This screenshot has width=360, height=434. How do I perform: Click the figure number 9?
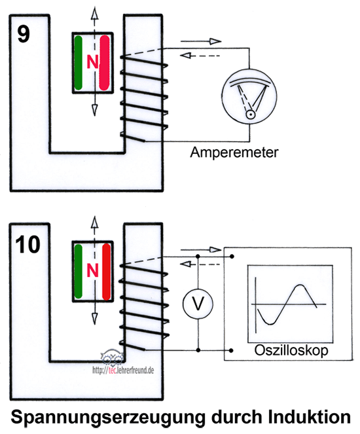tap(24, 34)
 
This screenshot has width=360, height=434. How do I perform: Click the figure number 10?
tap(28, 244)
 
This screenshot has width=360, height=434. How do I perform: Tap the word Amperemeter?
tap(234, 153)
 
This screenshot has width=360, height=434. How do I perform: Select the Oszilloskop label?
tap(291, 350)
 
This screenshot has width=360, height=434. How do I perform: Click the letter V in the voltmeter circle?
tap(198, 303)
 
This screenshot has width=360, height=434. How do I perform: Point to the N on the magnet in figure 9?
tap(92, 62)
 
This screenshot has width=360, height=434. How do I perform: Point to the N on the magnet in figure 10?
tap(92, 270)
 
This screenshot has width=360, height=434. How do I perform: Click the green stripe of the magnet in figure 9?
tap(79, 63)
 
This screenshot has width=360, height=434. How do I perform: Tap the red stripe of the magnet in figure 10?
tap(107, 272)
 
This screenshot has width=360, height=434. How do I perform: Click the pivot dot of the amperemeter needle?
tap(251, 114)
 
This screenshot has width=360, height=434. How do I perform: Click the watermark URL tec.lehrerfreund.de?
tap(123, 370)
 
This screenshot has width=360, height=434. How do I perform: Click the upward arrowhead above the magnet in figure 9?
tap(95, 13)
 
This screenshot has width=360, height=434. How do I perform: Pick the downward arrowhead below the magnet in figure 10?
tap(95, 319)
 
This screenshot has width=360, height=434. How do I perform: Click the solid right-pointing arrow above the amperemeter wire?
tap(201, 41)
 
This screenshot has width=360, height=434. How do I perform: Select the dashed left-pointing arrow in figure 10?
tap(200, 264)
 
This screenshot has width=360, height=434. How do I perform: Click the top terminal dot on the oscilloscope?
tap(232, 257)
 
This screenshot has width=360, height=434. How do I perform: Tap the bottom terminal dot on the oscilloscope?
tap(231, 350)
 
